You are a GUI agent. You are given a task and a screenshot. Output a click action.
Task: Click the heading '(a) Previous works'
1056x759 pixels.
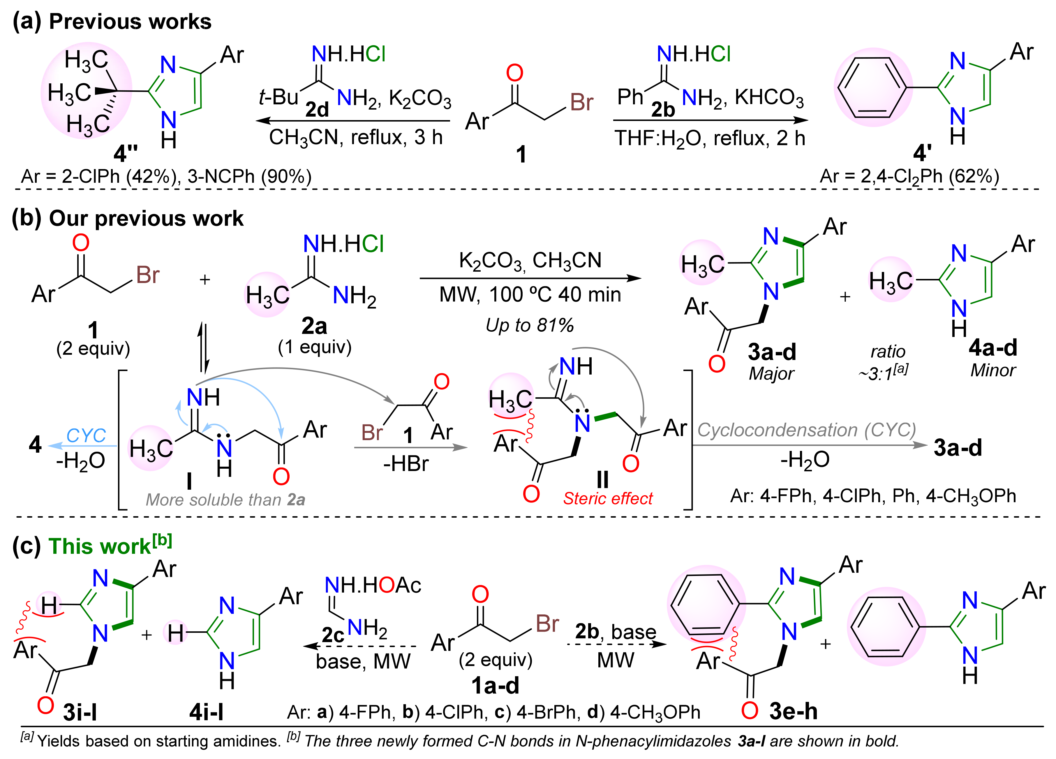112,22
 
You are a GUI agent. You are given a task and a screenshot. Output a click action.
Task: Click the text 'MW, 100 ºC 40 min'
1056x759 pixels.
530,294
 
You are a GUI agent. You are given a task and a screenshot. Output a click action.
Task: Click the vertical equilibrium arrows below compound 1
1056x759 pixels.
203,347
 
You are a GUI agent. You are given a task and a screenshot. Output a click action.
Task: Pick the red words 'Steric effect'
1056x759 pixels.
608,498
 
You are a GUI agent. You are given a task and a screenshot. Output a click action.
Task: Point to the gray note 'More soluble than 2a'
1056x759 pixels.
225,500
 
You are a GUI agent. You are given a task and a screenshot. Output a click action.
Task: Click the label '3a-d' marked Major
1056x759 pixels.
771,352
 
